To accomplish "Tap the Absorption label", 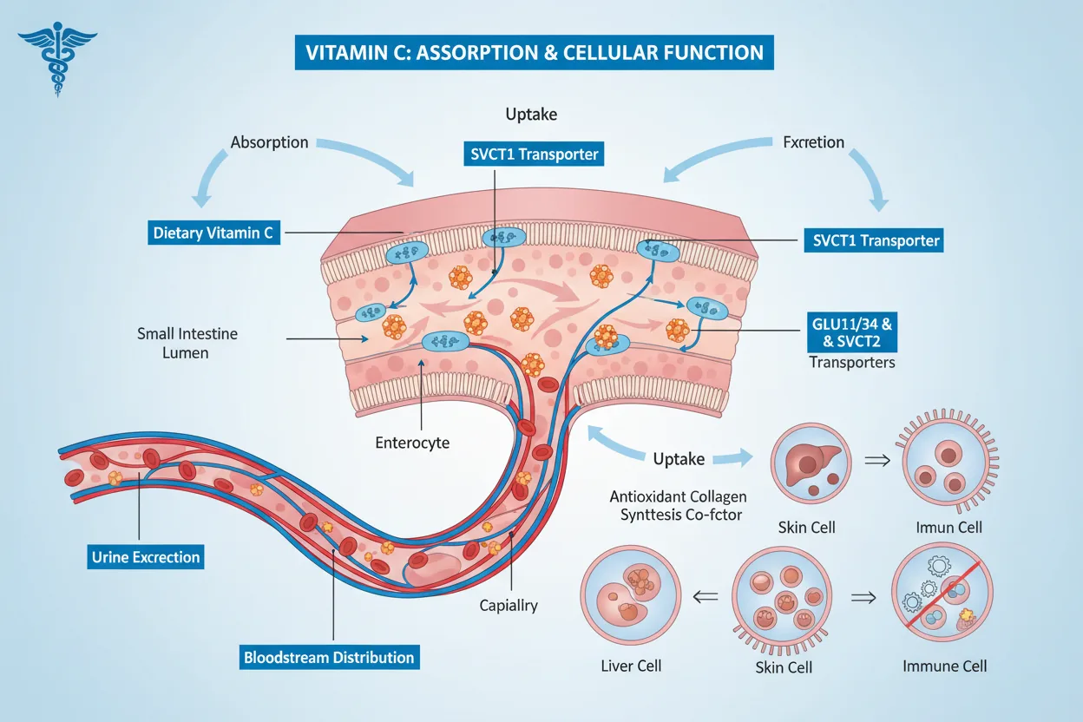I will (x=269, y=141).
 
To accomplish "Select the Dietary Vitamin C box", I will (x=213, y=233).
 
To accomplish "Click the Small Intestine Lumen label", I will (x=187, y=343).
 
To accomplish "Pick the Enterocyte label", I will (x=412, y=443).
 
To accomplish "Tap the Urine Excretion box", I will (x=145, y=556).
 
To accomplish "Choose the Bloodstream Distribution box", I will (x=329, y=657).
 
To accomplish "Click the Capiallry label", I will (x=509, y=606).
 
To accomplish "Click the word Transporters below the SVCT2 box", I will (x=851, y=362).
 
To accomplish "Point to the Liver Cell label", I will (x=631, y=666).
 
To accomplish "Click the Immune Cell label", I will (x=945, y=666).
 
